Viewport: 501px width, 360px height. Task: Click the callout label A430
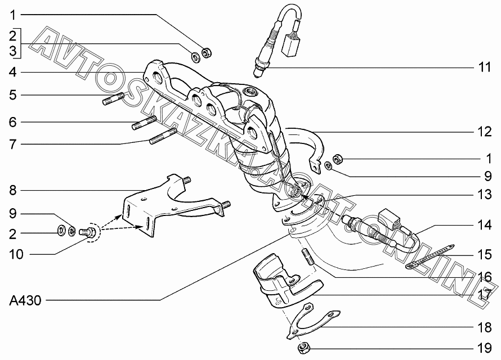pyautogui.click(x=25, y=300)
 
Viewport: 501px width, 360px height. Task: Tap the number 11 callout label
pyautogui.click(x=484, y=67)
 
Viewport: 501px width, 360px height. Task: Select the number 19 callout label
pyautogui.click(x=484, y=349)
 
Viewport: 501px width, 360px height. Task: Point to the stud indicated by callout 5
pyautogui.click(x=113, y=98)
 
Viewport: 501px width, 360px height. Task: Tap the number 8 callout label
pyautogui.click(x=13, y=191)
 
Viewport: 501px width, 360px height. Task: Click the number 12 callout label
pyautogui.click(x=484, y=132)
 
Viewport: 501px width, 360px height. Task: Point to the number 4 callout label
pyautogui.click(x=13, y=72)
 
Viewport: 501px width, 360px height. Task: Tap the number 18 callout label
pyautogui.click(x=484, y=327)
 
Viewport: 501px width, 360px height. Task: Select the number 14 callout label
pyautogui.click(x=484, y=225)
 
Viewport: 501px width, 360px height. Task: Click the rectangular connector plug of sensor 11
pyautogui.click(x=290, y=46)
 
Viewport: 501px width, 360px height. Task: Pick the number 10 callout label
pyautogui.click(x=16, y=255)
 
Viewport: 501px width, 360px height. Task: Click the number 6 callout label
pyautogui.click(x=13, y=122)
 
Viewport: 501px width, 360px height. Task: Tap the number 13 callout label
pyautogui.click(x=484, y=195)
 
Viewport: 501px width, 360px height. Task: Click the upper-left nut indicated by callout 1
pyautogui.click(x=207, y=53)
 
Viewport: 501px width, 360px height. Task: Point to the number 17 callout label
pyautogui.click(x=484, y=294)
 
